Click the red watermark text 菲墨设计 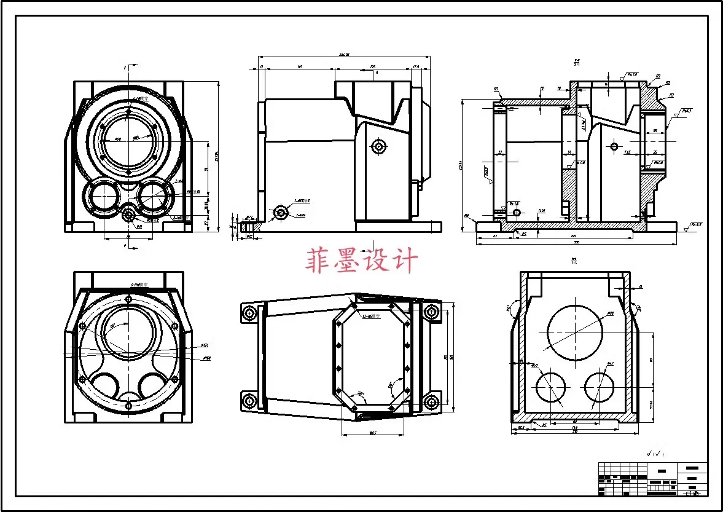tap(361, 261)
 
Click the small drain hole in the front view tap(128, 215)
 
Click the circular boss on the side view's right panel tap(378, 146)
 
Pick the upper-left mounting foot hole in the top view tap(249, 313)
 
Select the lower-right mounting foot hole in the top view tap(432, 403)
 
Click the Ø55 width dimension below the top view tap(372, 433)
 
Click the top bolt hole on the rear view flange tap(128, 299)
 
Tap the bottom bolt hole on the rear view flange tap(128, 406)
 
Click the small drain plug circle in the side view tap(281, 213)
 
